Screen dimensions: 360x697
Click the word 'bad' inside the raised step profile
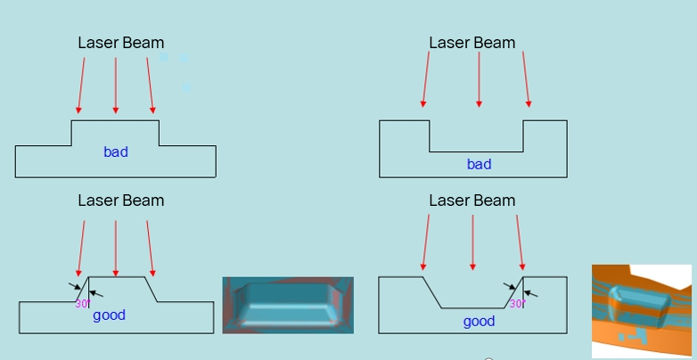[116, 152]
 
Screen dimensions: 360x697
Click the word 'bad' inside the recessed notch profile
[479, 164]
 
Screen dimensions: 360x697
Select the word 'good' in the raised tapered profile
[110, 315]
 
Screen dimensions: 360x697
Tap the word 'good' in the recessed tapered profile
[479, 322]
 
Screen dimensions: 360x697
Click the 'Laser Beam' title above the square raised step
[120, 43]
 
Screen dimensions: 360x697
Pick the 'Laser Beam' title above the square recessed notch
[472, 43]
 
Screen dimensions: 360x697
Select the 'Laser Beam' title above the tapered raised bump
[120, 200]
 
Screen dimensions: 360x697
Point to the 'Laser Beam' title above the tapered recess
[472, 200]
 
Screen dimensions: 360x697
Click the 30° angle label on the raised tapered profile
[82, 304]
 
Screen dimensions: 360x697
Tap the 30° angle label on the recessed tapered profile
[516, 304]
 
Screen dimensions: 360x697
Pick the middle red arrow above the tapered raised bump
[116, 248]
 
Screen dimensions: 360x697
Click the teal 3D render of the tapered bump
[288, 305]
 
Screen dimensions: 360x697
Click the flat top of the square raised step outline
[116, 120]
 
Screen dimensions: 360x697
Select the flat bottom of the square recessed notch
[476, 151]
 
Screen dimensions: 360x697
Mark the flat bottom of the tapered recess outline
[472, 308]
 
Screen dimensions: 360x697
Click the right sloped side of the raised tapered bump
[151, 290]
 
